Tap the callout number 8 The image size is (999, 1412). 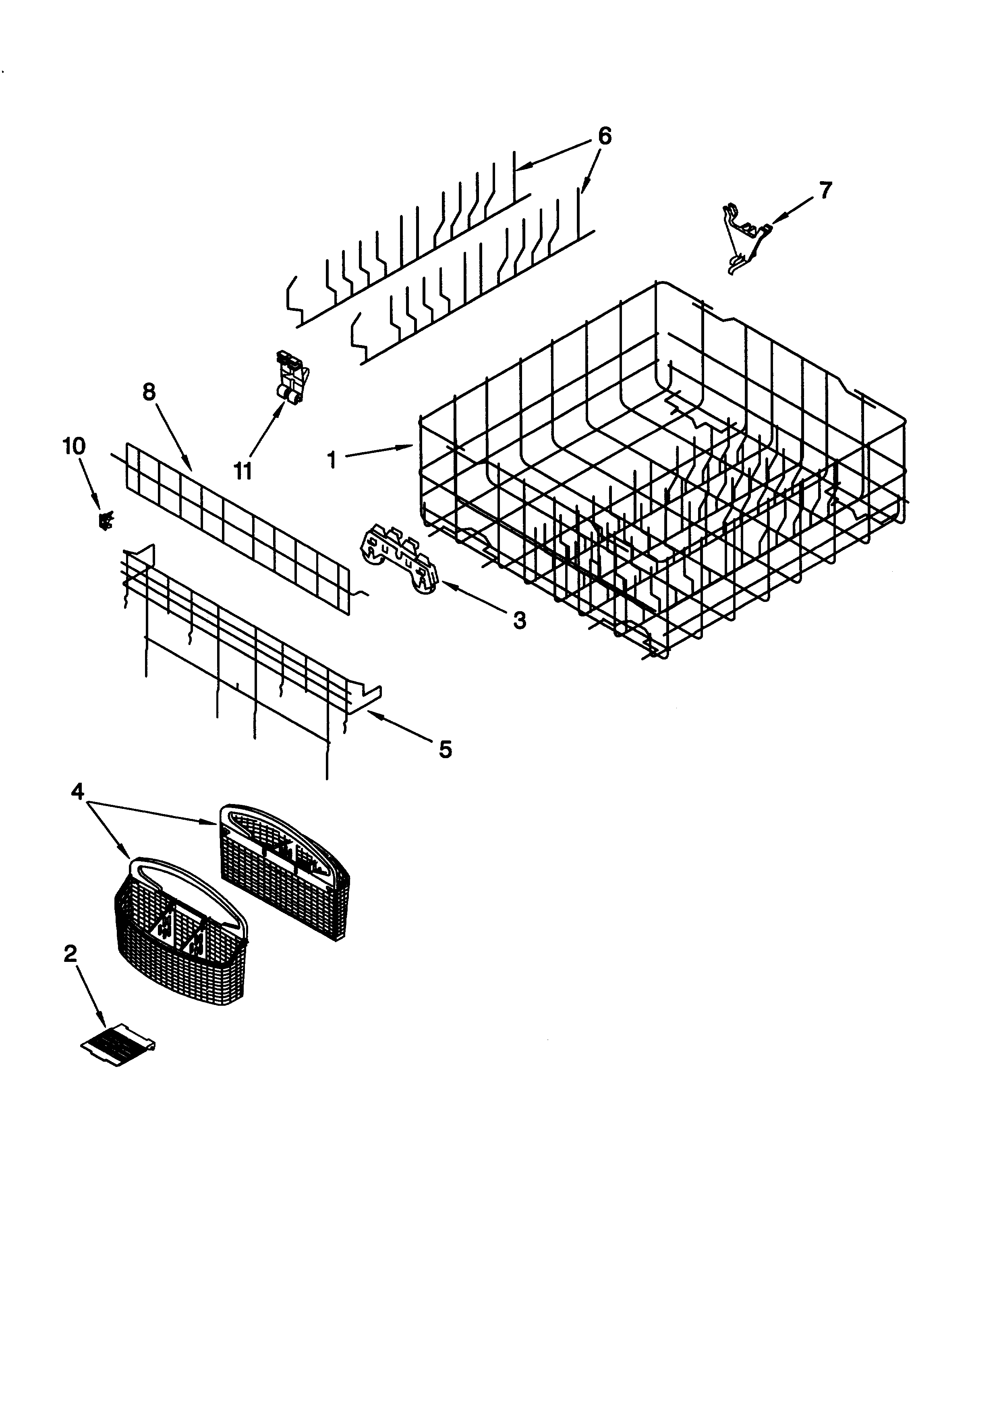149,392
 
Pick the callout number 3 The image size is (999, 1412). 519,621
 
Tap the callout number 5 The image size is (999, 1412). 446,749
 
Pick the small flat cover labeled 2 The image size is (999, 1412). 118,1042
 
